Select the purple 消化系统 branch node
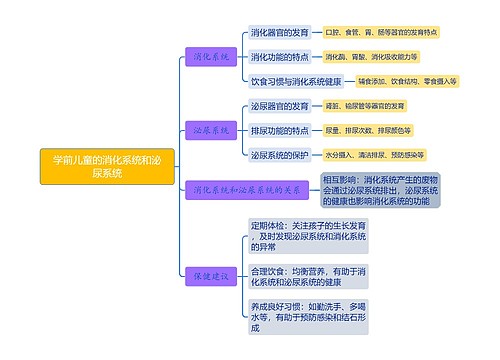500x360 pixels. tap(212, 56)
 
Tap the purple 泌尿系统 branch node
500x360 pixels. tap(212, 130)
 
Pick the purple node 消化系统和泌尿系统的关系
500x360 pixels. tap(247, 188)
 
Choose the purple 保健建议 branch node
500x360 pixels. tap(212, 273)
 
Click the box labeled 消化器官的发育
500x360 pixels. tap(279, 32)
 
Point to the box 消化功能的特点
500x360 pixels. tap(279, 56)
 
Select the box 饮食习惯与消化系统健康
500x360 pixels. tap(296, 80)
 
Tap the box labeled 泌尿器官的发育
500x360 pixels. tap(279, 106)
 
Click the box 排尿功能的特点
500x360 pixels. tap(279, 130)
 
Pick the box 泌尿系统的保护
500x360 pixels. tap(279, 154)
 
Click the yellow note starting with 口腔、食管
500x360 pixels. tap(381, 32)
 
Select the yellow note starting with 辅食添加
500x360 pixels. tap(406, 80)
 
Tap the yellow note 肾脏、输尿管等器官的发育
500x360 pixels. tap(365, 106)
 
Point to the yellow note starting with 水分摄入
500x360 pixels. tap(373, 154)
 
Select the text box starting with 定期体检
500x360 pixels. tap(308, 235)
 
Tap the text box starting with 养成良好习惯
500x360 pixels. tap(308, 316)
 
